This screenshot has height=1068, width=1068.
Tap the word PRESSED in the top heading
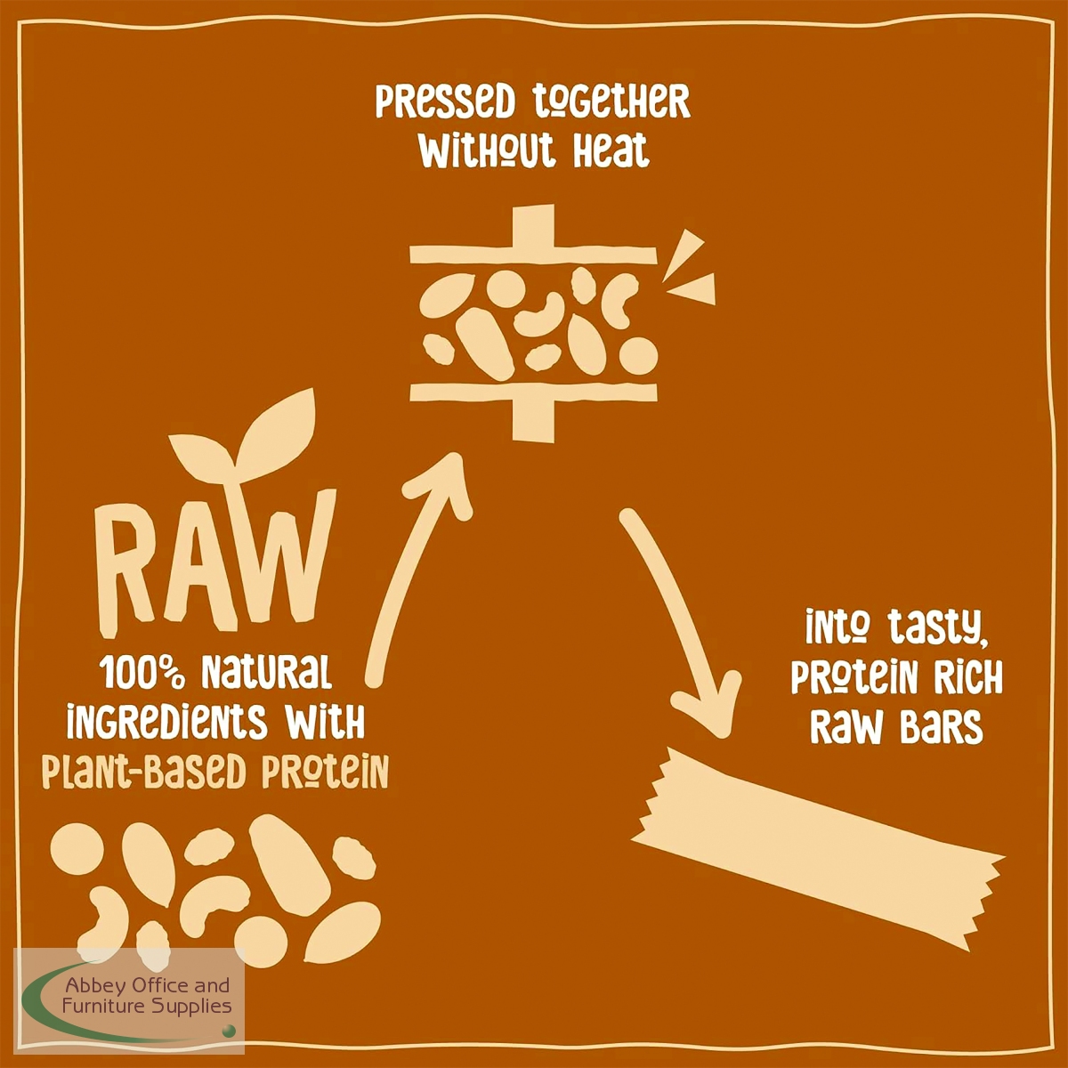(446, 101)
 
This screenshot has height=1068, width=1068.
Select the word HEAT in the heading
(611, 150)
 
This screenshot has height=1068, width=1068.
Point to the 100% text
(146, 672)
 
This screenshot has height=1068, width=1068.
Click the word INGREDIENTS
(166, 722)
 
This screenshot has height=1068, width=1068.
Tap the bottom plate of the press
(533, 405)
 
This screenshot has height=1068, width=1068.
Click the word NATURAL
(267, 672)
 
